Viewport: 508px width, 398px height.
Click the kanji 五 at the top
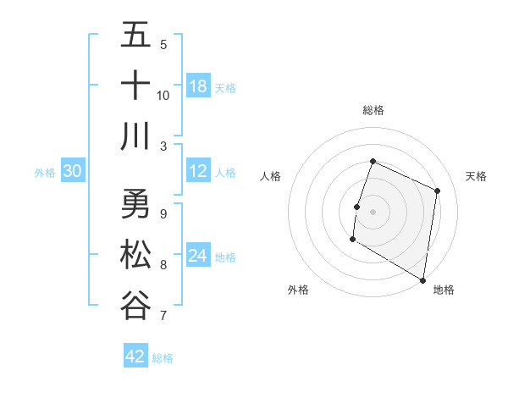[135, 36]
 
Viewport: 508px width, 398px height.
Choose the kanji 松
[135, 255]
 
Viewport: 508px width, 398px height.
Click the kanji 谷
[135, 305]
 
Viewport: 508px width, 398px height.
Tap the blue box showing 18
[197, 86]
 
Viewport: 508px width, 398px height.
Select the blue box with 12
[197, 172]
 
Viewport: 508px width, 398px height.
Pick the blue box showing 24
[197, 256]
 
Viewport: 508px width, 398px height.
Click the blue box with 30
[72, 172]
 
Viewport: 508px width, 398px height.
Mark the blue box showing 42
[135, 357]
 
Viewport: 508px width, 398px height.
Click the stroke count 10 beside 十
[163, 95]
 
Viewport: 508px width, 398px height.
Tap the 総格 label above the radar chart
[373, 110]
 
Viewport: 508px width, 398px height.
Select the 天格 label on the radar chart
[476, 176]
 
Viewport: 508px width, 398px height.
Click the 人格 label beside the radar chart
[271, 176]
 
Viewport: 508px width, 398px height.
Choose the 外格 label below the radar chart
[298, 290]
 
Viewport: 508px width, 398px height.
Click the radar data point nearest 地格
[422, 279]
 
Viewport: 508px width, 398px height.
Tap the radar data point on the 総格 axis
[373, 162]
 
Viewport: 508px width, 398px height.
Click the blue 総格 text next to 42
[163, 357]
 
